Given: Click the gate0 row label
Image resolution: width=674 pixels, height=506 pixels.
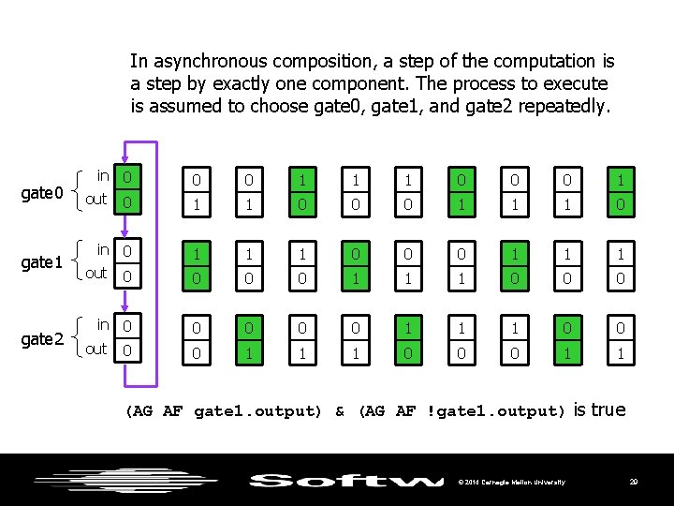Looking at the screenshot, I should click(x=42, y=193).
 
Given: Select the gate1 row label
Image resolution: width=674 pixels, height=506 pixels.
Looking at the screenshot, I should click(x=42, y=262).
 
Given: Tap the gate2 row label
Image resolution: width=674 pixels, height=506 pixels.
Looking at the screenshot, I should click(x=42, y=338).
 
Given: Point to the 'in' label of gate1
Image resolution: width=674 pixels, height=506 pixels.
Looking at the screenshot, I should click(x=103, y=250).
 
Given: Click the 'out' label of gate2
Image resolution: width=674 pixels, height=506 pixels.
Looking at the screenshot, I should click(x=96, y=350).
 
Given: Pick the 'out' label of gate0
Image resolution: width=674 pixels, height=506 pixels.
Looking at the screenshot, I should click(x=96, y=200).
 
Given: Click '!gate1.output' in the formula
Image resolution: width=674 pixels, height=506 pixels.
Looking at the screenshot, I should click(x=496, y=410).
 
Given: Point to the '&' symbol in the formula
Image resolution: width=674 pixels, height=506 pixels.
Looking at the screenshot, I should click(x=340, y=410).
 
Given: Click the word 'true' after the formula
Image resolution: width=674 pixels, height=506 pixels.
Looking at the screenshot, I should click(x=608, y=409).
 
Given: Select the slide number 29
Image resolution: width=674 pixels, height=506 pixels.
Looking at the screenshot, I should click(x=634, y=482).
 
